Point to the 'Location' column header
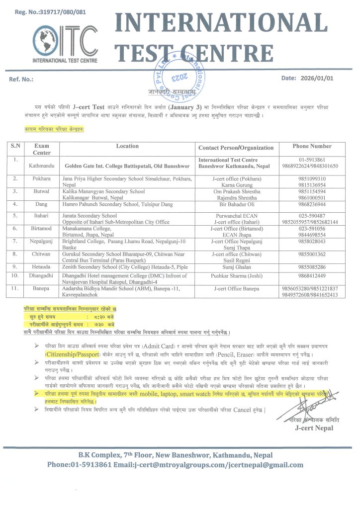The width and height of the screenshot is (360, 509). click(x=127, y=147)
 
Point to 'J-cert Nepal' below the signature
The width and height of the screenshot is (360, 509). click(x=313, y=428)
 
